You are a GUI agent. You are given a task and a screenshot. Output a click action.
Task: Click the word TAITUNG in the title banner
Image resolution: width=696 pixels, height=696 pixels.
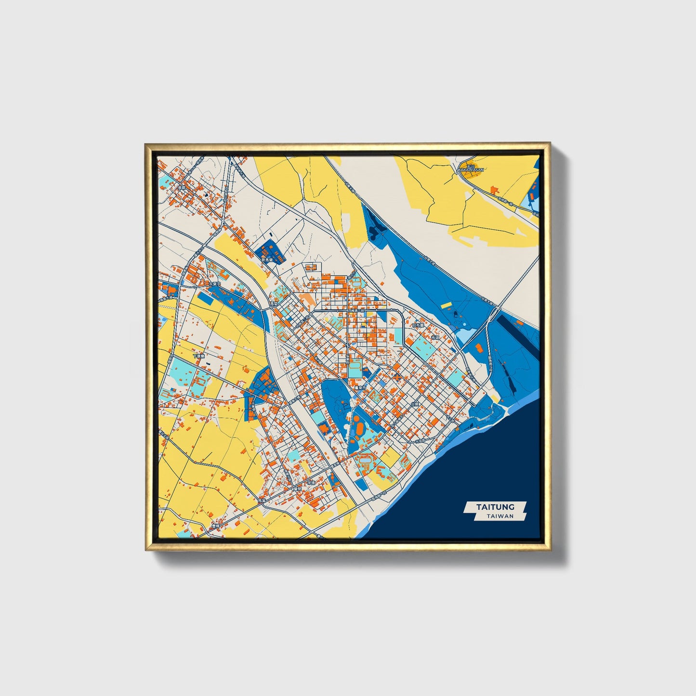(x=495, y=507)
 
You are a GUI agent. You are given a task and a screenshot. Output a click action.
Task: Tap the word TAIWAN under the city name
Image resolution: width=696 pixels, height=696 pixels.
(x=500, y=516)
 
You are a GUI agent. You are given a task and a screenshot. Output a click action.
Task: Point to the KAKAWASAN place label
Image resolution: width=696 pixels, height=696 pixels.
(x=471, y=170)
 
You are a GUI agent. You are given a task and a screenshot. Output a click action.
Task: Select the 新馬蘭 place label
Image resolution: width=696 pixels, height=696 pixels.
(x=267, y=260)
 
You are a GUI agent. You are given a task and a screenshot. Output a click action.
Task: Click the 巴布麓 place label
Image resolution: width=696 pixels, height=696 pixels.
(x=418, y=325)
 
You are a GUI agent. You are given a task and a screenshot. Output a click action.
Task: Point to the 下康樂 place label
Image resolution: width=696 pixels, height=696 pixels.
(x=198, y=356)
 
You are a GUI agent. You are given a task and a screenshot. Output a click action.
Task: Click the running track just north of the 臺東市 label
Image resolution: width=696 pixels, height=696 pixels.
(x=355, y=369)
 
